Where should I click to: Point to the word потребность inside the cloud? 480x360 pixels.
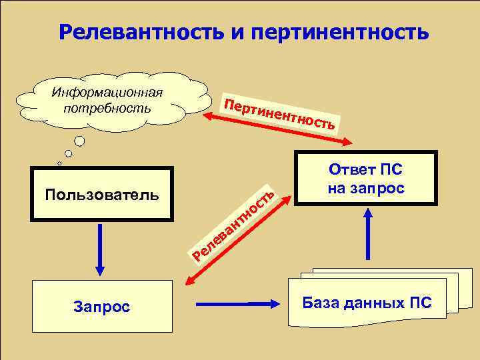coord(107,107)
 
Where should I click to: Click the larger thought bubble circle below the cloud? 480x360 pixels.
coord(79,141)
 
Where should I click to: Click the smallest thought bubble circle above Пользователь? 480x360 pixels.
coord(59,163)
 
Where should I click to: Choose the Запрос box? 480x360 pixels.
coord(101,306)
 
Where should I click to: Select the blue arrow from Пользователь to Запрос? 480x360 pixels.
coord(101,250)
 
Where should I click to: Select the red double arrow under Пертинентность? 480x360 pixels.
coord(280,130)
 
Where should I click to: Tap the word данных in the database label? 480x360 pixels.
coord(371,303)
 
